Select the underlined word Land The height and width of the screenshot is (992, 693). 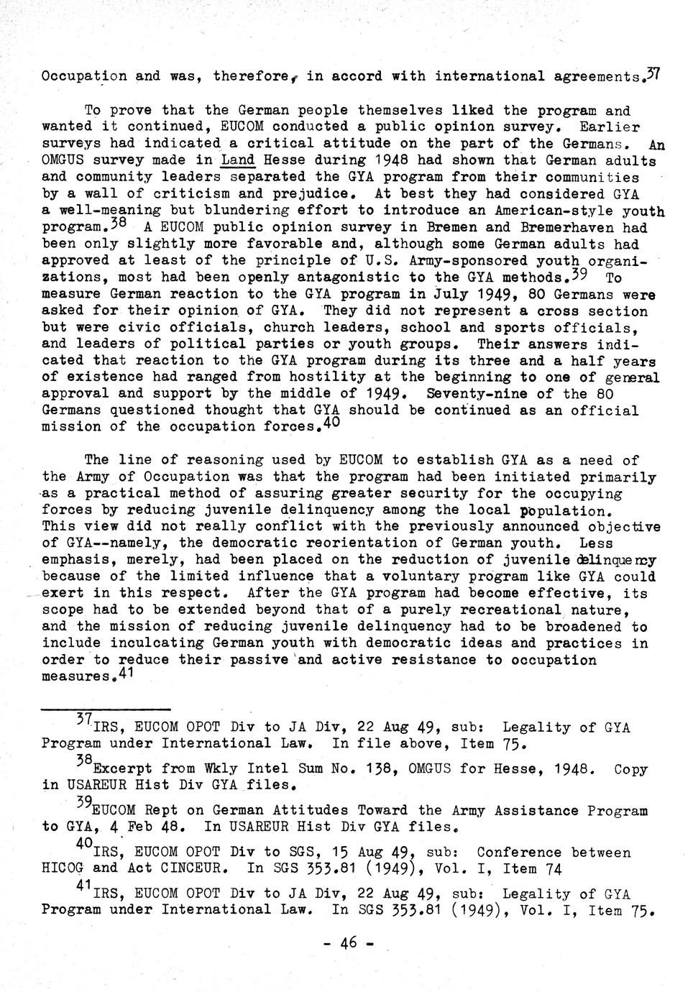click(238, 160)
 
